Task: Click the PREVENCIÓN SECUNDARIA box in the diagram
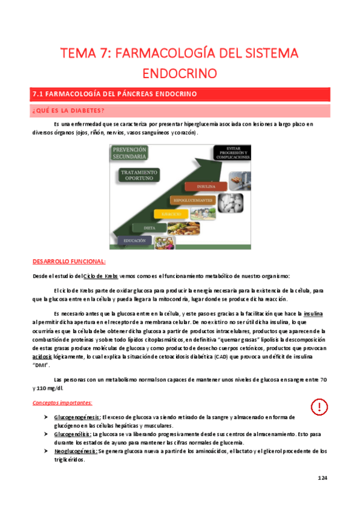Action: point(128,153)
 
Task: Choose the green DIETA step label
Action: point(151,228)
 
